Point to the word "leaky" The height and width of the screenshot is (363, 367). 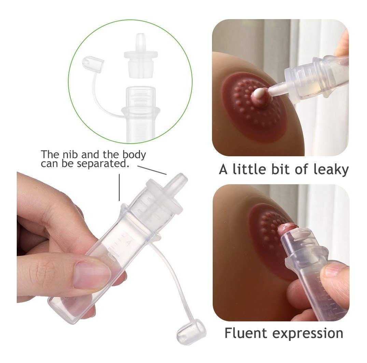coord(331,170)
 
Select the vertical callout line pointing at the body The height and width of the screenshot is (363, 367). coord(119,187)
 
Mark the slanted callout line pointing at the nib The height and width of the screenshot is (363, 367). coord(152,170)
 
